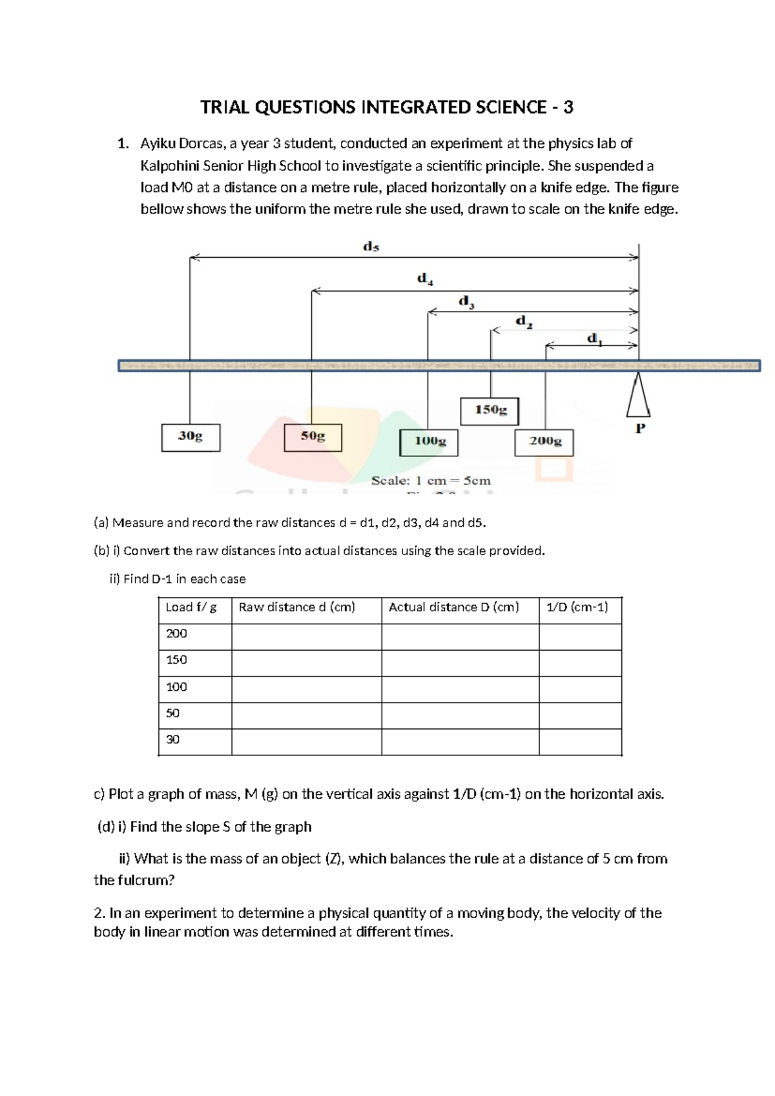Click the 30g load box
coord(191,437)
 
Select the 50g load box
coord(313,437)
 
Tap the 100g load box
coord(429,442)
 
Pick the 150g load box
coord(490,410)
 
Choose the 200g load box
coord(544,442)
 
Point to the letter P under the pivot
coord(640,428)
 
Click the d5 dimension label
coord(371,246)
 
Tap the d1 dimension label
coord(594,339)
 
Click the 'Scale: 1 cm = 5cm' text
coord(431,481)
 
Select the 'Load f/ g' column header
coord(191,607)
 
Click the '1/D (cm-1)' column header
coord(577,607)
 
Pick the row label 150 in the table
coord(176,660)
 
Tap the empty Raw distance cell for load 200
coord(306,637)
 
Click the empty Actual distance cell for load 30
coord(460,742)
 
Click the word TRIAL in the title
coord(225,107)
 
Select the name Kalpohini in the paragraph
coord(170,166)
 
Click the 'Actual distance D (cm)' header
coord(454,607)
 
